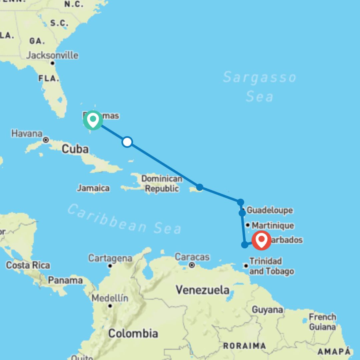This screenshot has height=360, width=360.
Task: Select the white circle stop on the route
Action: [127, 142]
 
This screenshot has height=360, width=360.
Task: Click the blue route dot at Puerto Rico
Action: [199, 187]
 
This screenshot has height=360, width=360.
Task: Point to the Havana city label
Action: [27, 134]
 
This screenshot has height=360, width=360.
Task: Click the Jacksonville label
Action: [52, 55]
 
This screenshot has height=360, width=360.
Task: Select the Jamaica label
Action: [93, 188]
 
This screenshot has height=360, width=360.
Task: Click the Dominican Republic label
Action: [162, 184]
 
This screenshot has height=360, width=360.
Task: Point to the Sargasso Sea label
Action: [259, 87]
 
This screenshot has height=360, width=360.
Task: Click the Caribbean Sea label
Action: [124, 219]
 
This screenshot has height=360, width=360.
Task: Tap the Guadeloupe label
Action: [270, 210]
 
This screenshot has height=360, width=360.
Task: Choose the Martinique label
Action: [273, 226]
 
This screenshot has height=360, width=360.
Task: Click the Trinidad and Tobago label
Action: [272, 266]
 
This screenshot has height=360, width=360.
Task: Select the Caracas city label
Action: [192, 257]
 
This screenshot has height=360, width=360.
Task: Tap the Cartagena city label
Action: [110, 258]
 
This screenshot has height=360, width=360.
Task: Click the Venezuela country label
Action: [203, 290]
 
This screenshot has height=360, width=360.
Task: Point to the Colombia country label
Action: [133, 333]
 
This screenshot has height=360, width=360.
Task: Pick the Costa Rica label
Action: [28, 265]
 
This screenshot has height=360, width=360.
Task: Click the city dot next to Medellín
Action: [110, 306]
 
